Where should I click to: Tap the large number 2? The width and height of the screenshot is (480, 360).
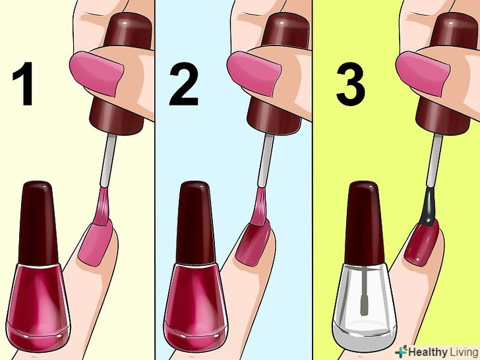[184, 84]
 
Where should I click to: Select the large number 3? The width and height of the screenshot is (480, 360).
[351, 84]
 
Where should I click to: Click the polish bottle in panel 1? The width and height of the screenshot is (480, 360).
[38, 266]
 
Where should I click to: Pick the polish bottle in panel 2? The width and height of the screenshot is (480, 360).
[196, 266]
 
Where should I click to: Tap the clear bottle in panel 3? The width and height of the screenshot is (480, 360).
[364, 266]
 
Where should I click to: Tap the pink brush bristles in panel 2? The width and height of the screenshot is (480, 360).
[259, 206]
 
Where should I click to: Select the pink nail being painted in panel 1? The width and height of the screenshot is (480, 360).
[95, 243]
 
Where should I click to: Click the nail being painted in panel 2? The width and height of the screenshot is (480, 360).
[253, 243]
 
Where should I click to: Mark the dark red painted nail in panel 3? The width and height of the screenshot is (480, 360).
[422, 243]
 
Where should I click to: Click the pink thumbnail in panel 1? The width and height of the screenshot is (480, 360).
[97, 73]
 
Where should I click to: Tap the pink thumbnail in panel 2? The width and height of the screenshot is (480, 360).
[254, 73]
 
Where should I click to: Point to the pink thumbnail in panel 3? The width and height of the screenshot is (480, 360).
[423, 73]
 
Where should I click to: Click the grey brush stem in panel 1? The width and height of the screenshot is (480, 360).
[108, 161]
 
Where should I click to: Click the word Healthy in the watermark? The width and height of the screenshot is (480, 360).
[428, 351]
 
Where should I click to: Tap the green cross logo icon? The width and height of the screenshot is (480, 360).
[401, 351]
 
